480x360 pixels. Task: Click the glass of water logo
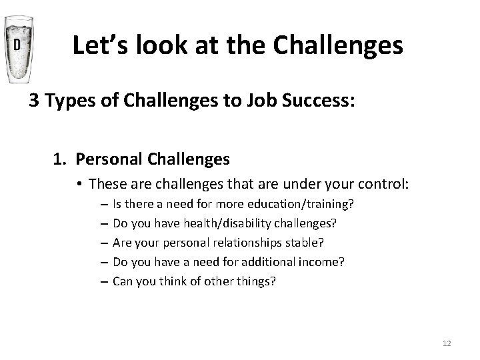tap(18, 50)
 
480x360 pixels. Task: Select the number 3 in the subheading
tap(33, 102)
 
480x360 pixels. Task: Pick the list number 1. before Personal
tap(61, 160)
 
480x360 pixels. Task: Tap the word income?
tap(323, 262)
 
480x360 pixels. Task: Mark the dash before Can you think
tap(105, 281)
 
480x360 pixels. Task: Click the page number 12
tap(446, 343)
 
